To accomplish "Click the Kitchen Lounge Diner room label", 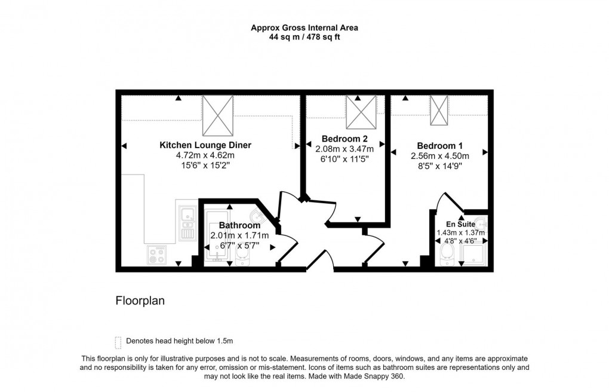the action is pos(205,145).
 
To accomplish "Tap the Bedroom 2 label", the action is pos(345,139).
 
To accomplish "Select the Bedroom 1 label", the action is pos(439,146).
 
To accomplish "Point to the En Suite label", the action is pos(460,225).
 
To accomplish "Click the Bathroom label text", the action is pos(239,225).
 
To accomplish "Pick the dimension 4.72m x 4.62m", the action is pos(205,155).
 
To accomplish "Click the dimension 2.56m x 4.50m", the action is pos(439,157).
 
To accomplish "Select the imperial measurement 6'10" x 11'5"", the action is pos(345,159).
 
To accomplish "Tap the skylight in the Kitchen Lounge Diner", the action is pos(218,115).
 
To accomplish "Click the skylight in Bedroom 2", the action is pos(361,112).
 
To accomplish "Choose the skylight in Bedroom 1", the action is pos(439,111).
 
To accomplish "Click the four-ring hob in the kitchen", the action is pos(157,256).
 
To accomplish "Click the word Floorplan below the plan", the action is pos(140,301).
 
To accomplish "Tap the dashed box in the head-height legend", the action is pos(118,342).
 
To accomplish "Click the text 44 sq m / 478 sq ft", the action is pos(304,37).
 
